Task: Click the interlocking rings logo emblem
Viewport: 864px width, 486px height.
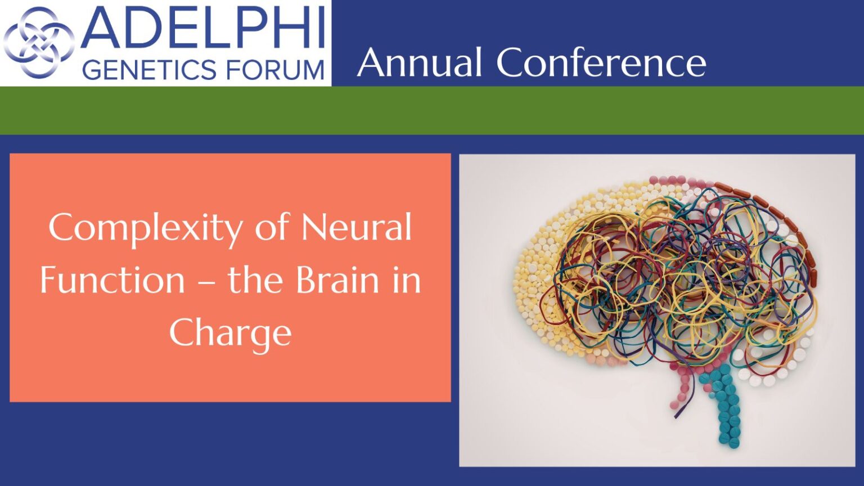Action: [x=39, y=42]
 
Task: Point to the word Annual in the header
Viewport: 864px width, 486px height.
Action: [x=420, y=62]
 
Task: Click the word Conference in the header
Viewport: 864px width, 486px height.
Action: [x=601, y=62]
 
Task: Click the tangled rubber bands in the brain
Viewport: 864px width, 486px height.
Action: [x=679, y=278]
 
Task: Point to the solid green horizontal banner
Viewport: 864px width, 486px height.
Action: [x=432, y=110]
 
